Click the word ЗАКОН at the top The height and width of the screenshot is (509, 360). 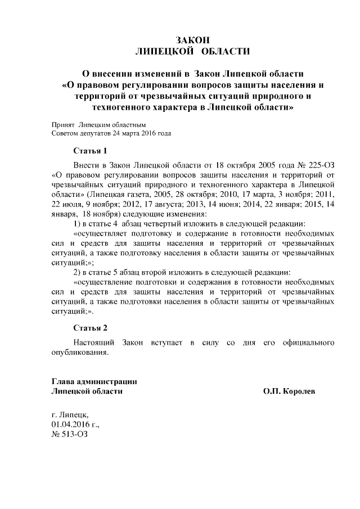click(x=193, y=40)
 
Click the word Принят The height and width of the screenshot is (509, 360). click(x=62, y=124)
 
